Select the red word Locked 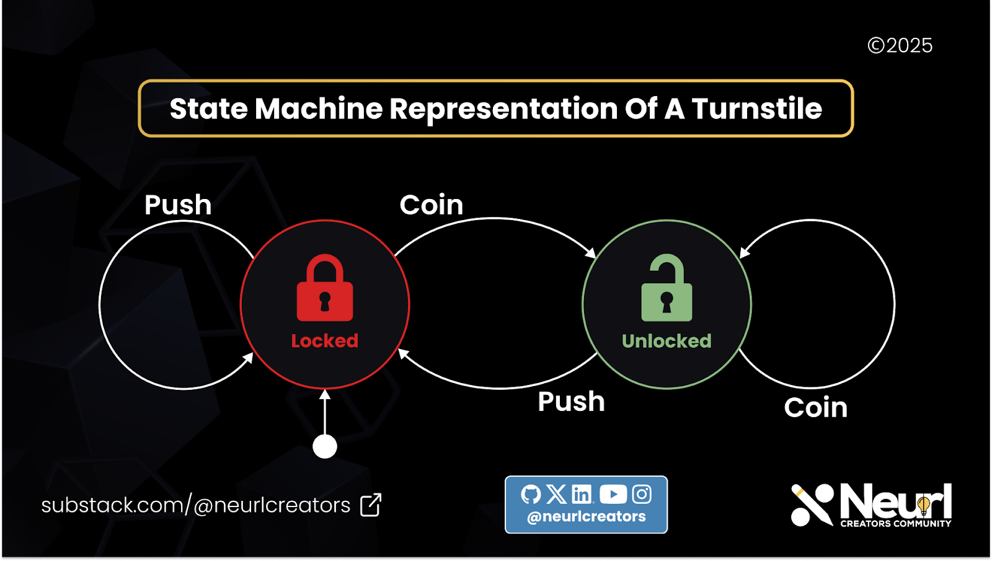325,341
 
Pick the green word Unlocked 666,341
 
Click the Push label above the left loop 178,205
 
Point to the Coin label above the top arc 432,205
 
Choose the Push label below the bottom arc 571,402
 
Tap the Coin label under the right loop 815,408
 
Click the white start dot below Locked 325,446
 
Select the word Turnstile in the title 756,109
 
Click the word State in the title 208,109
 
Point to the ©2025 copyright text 900,46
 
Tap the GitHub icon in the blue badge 531,494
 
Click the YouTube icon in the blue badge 613,494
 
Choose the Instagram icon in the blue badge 642,494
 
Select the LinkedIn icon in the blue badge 582,494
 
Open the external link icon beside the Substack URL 371,505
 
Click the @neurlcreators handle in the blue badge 586,516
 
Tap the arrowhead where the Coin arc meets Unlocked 591,253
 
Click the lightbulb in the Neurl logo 924,505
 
